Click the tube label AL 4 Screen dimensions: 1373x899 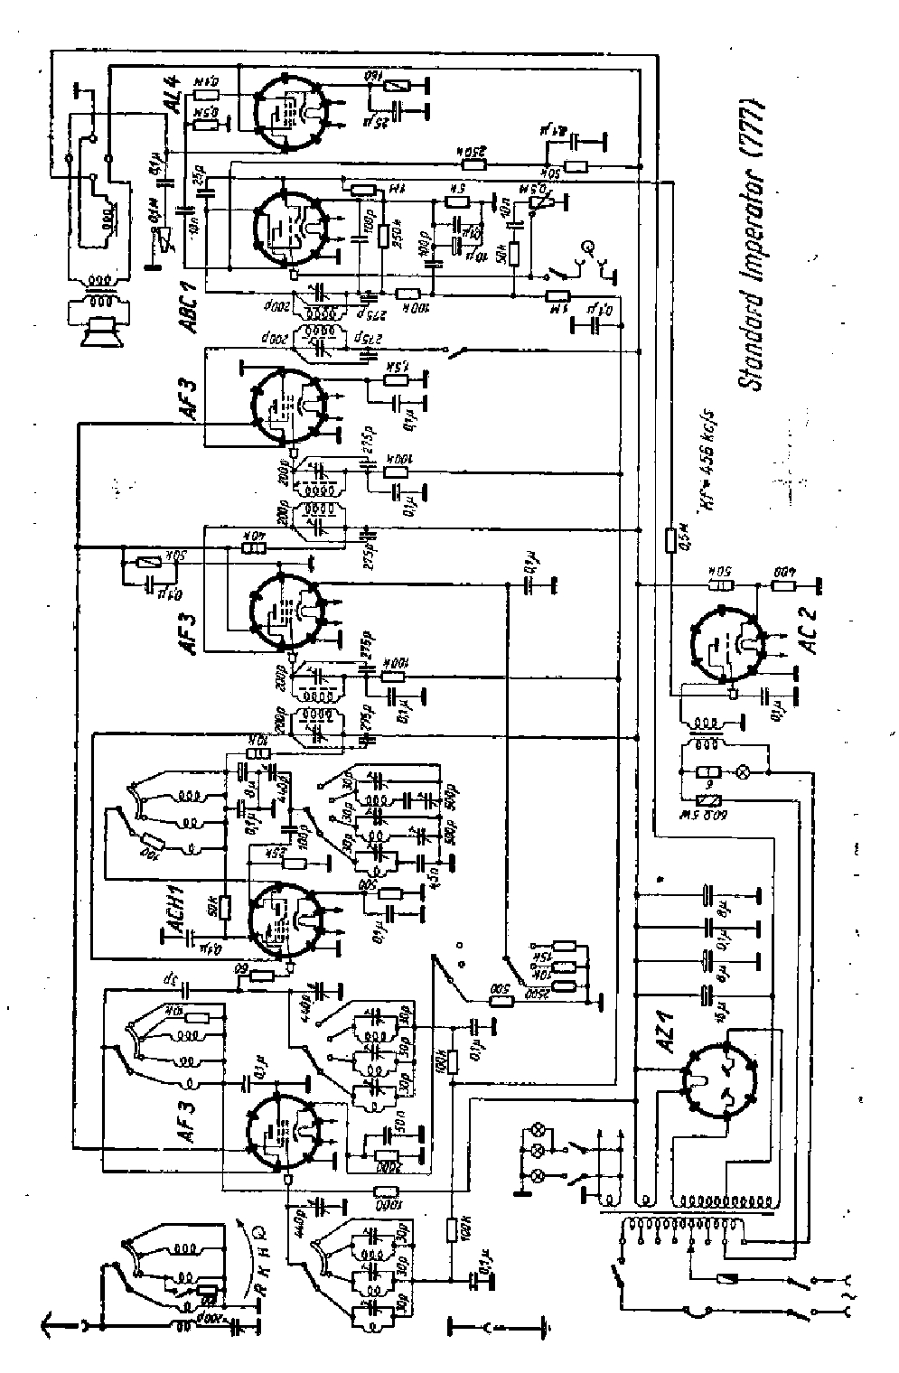[176, 94]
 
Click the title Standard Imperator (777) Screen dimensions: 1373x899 [751, 244]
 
